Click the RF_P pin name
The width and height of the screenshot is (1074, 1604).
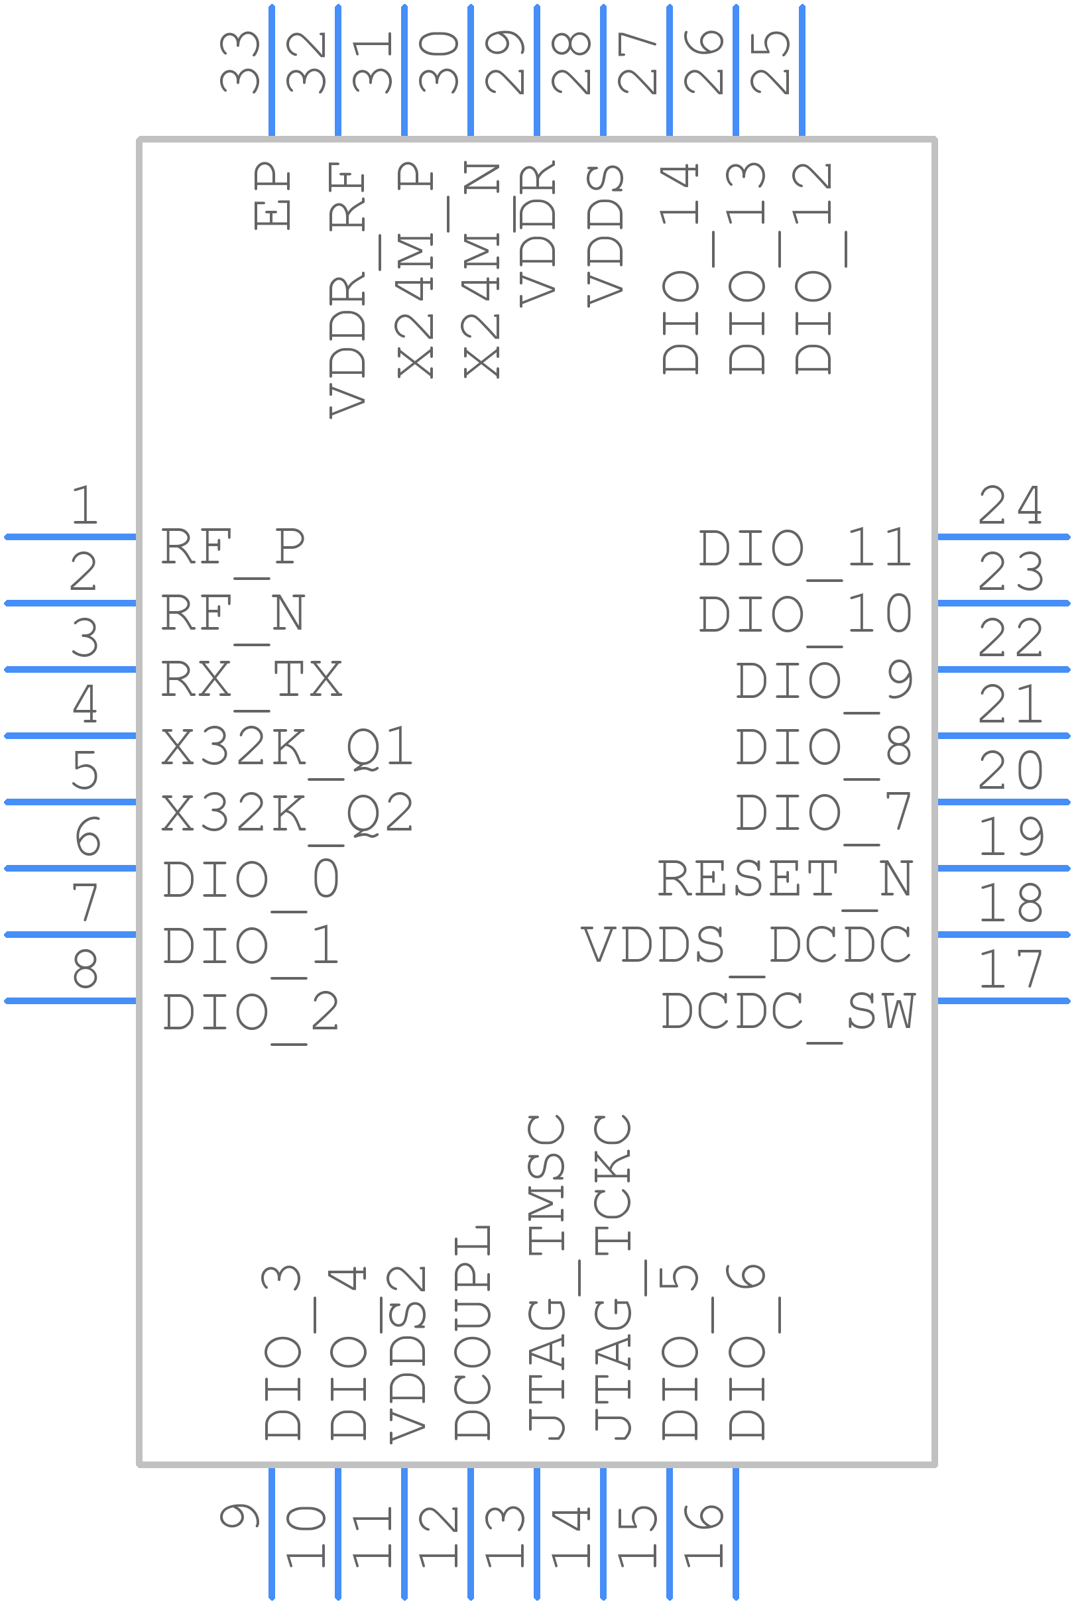pyautogui.click(x=233, y=551)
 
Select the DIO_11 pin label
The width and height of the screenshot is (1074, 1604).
pyautogui.click(x=805, y=551)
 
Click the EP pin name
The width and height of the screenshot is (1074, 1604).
pyautogui.click(x=272, y=195)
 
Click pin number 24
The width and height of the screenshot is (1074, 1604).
pyautogui.click(x=1010, y=506)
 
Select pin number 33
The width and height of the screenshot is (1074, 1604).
pyautogui.click(x=240, y=62)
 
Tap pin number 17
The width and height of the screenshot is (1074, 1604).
pyautogui.click(x=1010, y=970)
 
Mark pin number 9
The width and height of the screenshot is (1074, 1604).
pyautogui.click(x=240, y=1515)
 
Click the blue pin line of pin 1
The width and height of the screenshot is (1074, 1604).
pyautogui.click(x=70, y=537)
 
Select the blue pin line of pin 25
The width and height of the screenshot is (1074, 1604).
pyautogui.click(x=802, y=70)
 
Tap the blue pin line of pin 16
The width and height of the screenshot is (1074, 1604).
pyautogui.click(x=736, y=1534)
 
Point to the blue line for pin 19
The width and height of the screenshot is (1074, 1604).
pyautogui.click(x=1004, y=868)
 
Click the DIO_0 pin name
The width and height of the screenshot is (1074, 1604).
pyautogui.click(x=251, y=883)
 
